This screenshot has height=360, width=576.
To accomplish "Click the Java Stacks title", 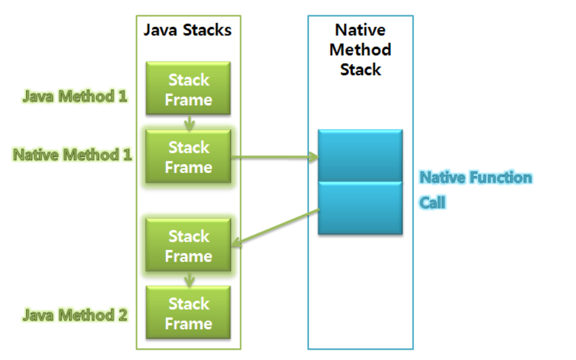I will click(x=188, y=30).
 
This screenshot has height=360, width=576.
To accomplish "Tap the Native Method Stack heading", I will click(x=360, y=50).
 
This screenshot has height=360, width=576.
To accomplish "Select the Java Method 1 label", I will click(x=75, y=97).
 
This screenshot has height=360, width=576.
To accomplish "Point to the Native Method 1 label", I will click(x=72, y=155).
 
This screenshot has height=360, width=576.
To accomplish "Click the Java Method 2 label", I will click(x=75, y=314).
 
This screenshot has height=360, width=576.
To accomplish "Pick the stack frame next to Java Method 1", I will click(x=188, y=89).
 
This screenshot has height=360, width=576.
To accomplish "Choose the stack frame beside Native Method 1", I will click(x=188, y=157).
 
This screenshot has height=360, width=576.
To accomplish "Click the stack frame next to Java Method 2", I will click(x=188, y=313).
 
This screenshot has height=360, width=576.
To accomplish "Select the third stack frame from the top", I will click(x=188, y=246).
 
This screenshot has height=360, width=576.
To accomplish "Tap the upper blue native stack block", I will click(x=360, y=155).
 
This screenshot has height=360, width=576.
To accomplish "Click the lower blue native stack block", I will click(x=360, y=208).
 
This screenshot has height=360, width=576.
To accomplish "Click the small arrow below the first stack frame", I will click(x=189, y=123).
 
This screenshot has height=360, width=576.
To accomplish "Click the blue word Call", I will click(x=432, y=203).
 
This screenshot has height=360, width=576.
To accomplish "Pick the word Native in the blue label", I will click(x=443, y=177).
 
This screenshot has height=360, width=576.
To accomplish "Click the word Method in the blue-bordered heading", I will click(x=360, y=50).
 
